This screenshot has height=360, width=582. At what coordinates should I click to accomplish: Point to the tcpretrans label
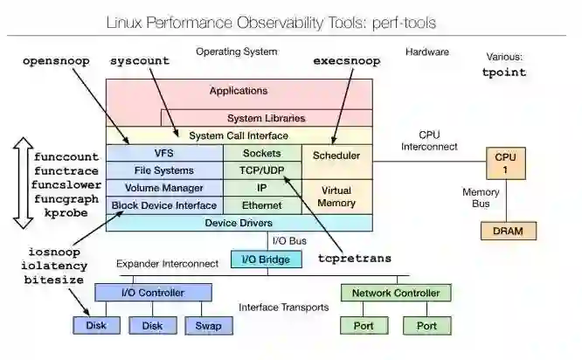pyautogui.click(x=355, y=259)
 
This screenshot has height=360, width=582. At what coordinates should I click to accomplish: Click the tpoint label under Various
pyautogui.click(x=504, y=73)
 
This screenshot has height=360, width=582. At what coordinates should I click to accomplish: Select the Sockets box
pyautogui.click(x=261, y=153)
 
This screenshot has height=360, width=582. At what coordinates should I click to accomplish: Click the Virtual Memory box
pyautogui.click(x=336, y=196)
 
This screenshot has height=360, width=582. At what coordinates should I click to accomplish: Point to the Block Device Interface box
pyautogui.click(x=163, y=205)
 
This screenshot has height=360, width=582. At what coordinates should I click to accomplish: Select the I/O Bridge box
pyautogui.click(x=266, y=260)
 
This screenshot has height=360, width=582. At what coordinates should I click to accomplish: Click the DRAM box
pyautogui.click(x=508, y=232)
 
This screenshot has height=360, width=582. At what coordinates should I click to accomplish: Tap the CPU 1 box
pyautogui.click(x=505, y=163)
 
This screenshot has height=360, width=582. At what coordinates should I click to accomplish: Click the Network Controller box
pyautogui.click(x=395, y=293)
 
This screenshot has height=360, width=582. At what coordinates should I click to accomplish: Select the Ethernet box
pyautogui.click(x=261, y=205)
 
